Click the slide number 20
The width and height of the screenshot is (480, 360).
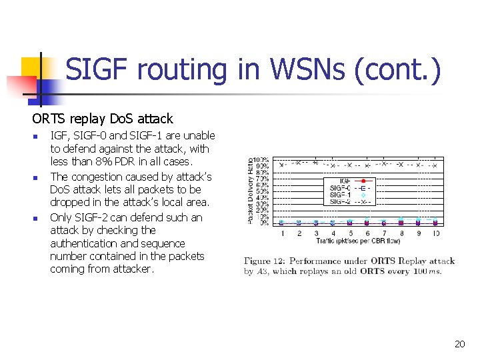click(x=459, y=344)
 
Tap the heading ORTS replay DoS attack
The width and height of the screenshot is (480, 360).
click(x=102, y=119)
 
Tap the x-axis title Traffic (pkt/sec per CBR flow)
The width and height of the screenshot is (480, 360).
click(x=354, y=240)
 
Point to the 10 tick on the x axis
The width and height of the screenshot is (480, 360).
click(x=435, y=233)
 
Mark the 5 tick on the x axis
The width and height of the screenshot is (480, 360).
click(x=350, y=233)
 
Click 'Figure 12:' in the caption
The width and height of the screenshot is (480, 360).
click(x=267, y=261)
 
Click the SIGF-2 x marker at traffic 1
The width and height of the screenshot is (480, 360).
click(x=282, y=164)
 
